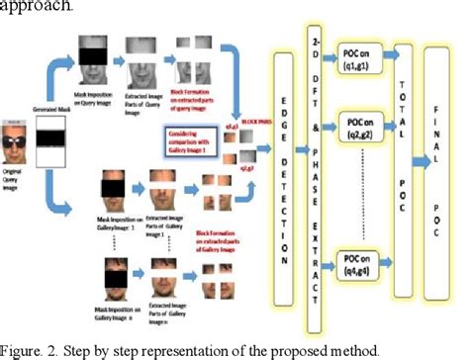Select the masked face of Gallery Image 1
click(107, 189)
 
